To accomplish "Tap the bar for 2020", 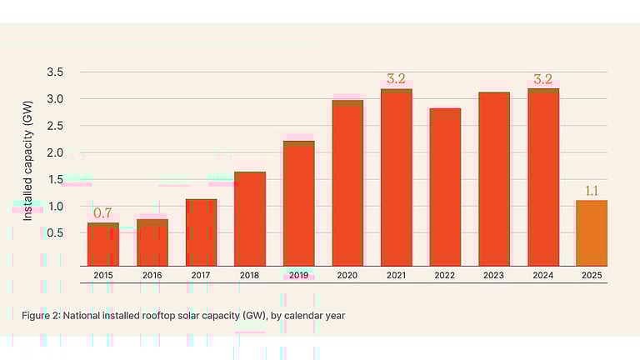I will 347,183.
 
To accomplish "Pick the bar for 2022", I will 446,187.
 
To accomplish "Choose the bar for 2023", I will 494,179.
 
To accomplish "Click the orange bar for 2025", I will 592,233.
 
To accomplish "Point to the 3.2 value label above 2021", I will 396,80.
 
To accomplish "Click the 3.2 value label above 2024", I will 542,80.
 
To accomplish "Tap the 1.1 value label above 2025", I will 592,192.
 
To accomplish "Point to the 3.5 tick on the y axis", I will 55,72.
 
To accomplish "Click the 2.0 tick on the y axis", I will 55,152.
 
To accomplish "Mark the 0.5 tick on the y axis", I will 55,232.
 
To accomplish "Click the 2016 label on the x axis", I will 152,275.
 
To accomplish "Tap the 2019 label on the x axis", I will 299,275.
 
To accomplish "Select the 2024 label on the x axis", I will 542,275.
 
